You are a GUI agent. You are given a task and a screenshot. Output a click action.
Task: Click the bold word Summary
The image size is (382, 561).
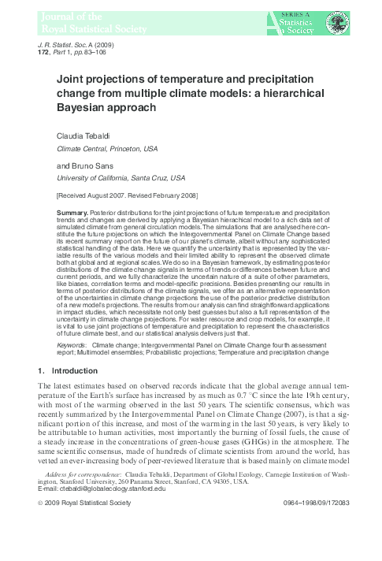tap(77, 214)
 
